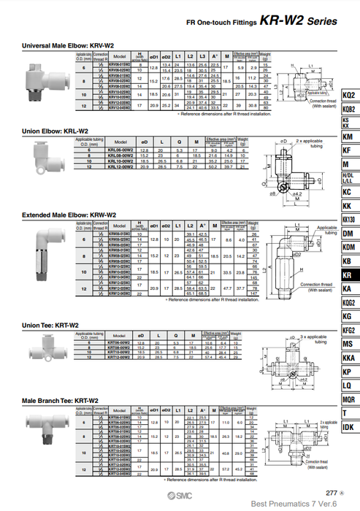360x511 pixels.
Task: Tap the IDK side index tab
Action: pyautogui.click(x=349, y=427)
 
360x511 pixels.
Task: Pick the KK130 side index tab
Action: pyautogui.click(x=349, y=220)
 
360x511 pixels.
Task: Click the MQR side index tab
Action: pyautogui.click(x=349, y=399)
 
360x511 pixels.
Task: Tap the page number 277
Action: pyautogui.click(x=332, y=493)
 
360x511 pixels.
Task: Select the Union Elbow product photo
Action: pyautogui.click(x=45, y=153)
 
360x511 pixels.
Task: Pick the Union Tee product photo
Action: pyautogui.click(x=43, y=350)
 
